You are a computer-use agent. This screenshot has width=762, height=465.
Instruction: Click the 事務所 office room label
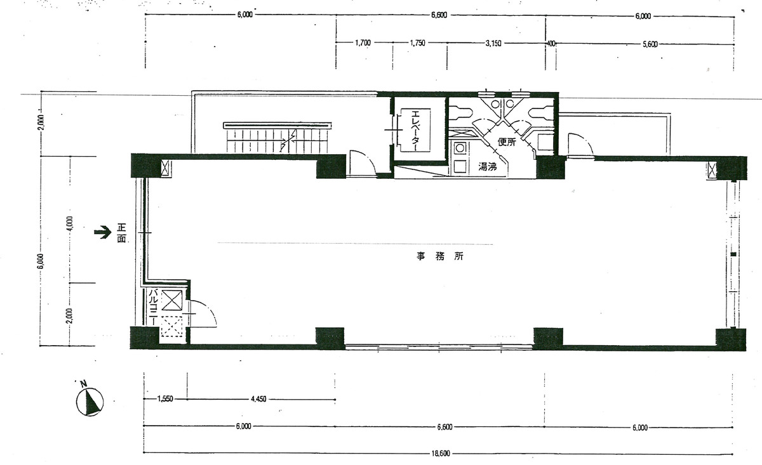(440, 256)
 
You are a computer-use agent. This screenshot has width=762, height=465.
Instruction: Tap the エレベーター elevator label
(415, 131)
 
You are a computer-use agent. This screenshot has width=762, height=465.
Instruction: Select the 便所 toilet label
(507, 141)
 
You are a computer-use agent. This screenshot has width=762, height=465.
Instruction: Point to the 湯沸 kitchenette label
(488, 167)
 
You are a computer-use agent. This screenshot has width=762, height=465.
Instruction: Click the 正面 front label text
(121, 233)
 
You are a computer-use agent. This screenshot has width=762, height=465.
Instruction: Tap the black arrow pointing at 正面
(103, 232)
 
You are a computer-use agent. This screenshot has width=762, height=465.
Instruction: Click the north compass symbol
(90, 401)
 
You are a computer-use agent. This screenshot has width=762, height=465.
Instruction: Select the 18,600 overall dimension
(442, 454)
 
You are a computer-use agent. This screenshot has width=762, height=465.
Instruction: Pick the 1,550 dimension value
(165, 399)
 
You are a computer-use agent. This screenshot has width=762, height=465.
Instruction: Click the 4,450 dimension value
(258, 399)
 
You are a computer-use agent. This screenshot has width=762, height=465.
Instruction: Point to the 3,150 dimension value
(493, 44)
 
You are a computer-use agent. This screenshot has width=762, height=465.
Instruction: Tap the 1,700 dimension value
(363, 43)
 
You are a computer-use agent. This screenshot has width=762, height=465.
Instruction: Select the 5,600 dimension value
(650, 44)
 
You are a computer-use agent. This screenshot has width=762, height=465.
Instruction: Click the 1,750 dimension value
(417, 43)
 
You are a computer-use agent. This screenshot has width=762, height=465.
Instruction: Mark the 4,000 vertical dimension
(70, 223)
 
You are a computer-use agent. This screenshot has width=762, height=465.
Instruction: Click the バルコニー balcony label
(154, 307)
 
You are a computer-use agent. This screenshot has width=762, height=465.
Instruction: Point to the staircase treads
(277, 140)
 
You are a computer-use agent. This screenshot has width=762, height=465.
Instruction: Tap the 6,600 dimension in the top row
(439, 15)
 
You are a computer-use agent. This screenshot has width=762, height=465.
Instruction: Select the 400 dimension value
(551, 44)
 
